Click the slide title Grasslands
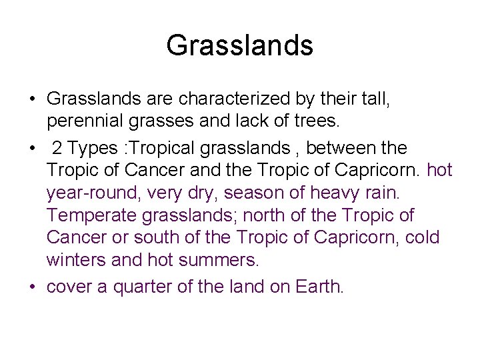click(x=239, y=45)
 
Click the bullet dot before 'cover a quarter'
click(x=33, y=287)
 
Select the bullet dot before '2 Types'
click(x=33, y=147)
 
